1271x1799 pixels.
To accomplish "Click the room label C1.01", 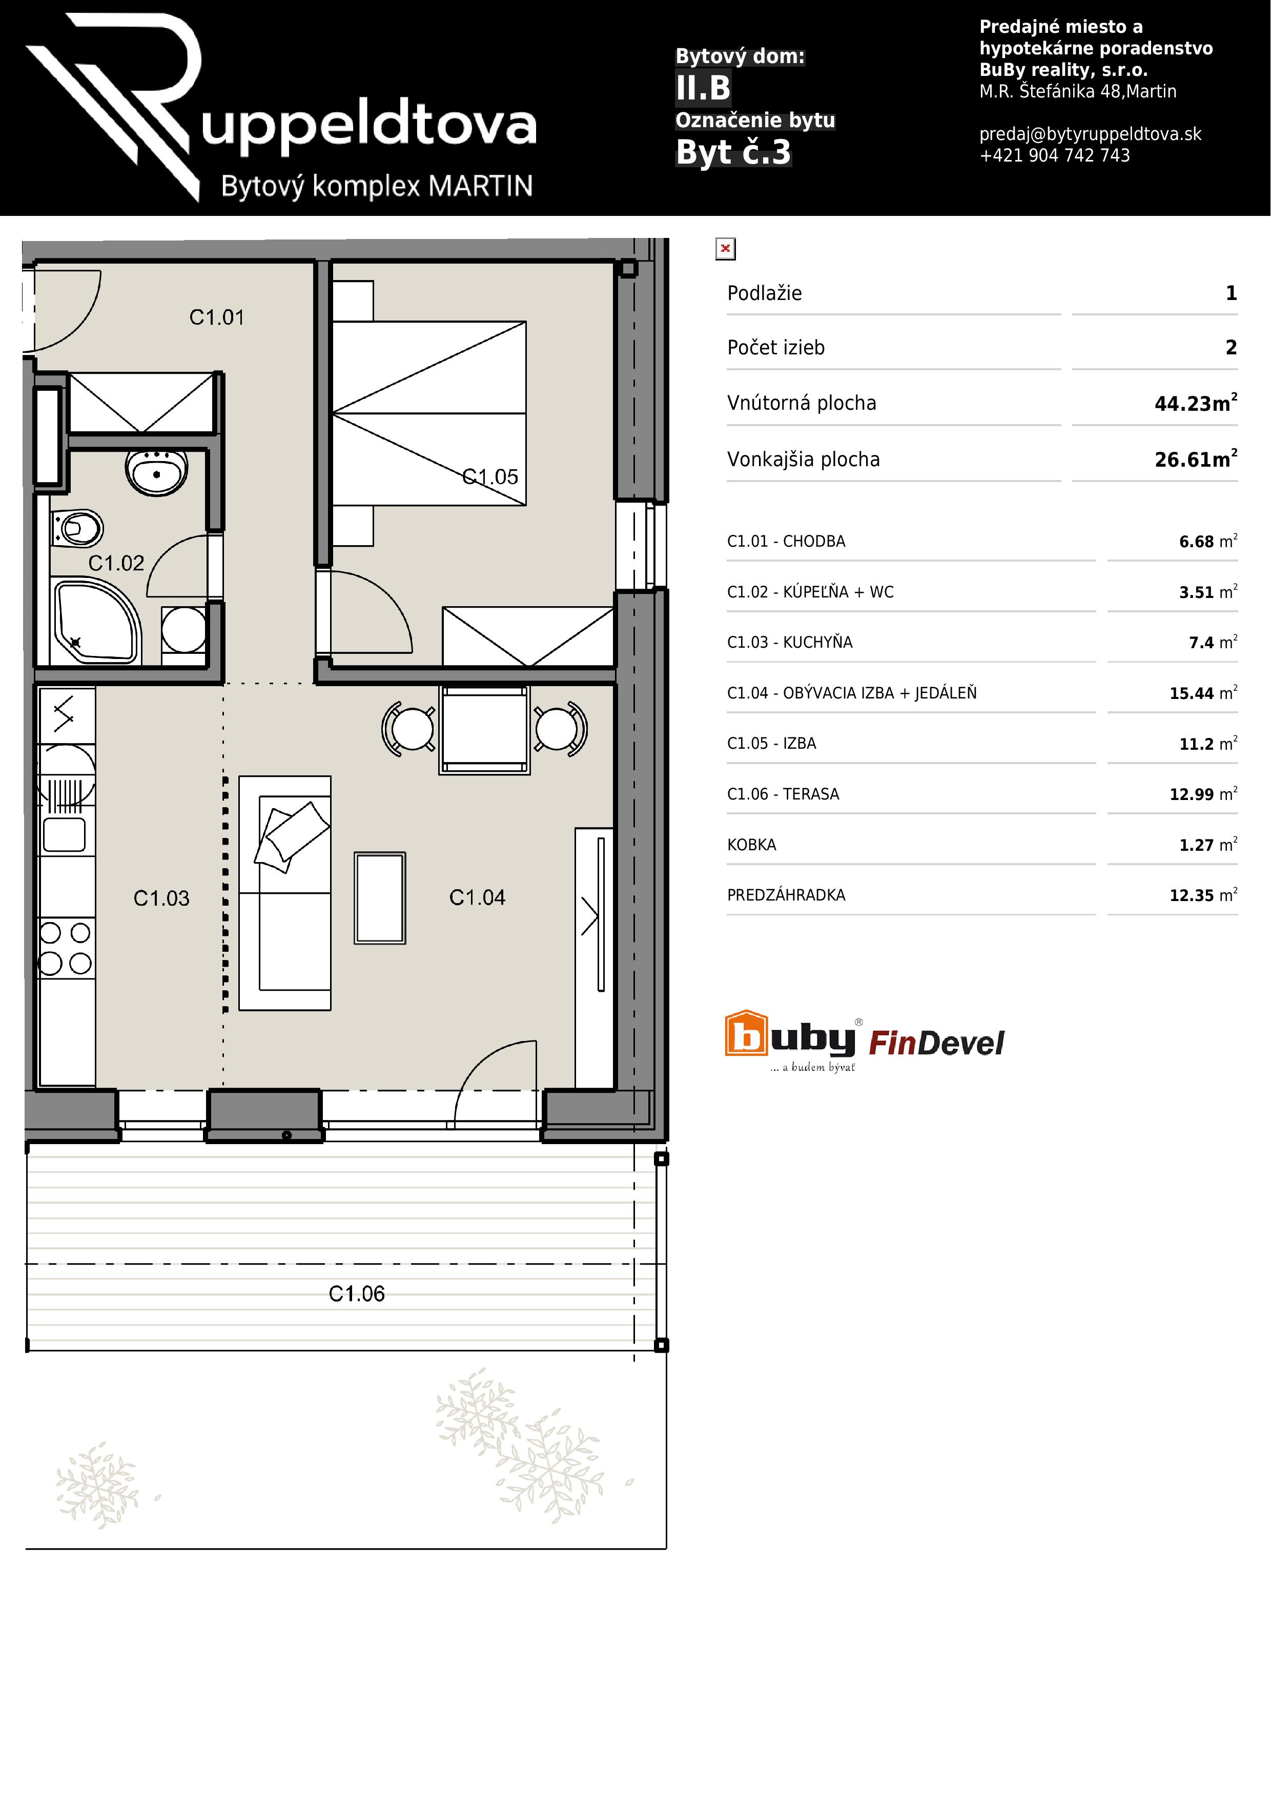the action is click(217, 317).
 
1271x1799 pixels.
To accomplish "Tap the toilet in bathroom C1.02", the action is click(77, 528).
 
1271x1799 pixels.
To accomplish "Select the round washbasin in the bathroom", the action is click(157, 472).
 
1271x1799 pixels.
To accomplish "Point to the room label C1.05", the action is click(490, 476).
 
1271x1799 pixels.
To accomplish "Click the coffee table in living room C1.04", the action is click(380, 897).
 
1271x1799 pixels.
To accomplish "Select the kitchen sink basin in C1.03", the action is click(64, 834).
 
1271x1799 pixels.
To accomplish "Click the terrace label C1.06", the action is click(357, 1294).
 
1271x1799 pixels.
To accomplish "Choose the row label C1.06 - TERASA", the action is click(783, 794).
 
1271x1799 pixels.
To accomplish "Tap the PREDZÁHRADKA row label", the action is click(786, 895).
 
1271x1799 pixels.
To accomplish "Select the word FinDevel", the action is click(937, 1043).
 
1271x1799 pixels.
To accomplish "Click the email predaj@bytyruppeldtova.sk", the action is click(1090, 134).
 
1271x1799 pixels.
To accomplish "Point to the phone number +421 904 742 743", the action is click(1055, 155).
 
